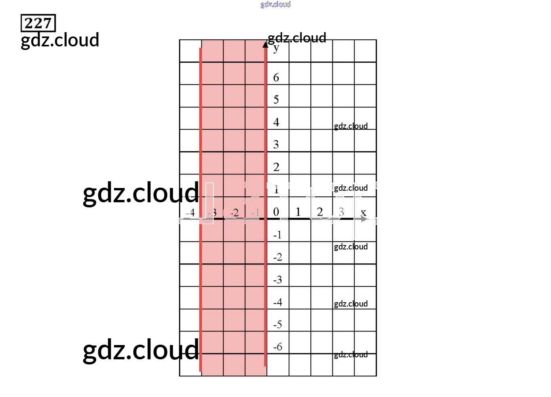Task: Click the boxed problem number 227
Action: pyautogui.click(x=38, y=23)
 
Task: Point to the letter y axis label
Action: pyautogui.click(x=276, y=49)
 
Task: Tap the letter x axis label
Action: pyautogui.click(x=363, y=213)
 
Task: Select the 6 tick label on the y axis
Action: pyautogui.click(x=276, y=77)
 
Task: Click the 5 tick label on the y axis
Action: pyautogui.click(x=276, y=100)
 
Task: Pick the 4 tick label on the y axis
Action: pyautogui.click(x=276, y=122)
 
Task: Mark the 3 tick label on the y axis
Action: pyautogui.click(x=276, y=144)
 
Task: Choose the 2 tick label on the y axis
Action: pyautogui.click(x=276, y=167)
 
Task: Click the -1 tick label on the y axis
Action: pyautogui.click(x=277, y=235)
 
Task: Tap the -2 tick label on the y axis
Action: pyautogui.click(x=277, y=257)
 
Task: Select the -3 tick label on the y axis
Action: pyautogui.click(x=277, y=280)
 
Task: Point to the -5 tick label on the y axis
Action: pyautogui.click(x=277, y=325)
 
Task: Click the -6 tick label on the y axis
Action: pyautogui.click(x=277, y=347)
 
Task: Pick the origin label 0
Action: pyautogui.click(x=276, y=212)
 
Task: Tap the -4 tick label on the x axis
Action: pyautogui.click(x=190, y=213)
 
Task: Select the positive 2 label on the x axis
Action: pyautogui.click(x=320, y=212)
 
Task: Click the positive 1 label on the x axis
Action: pyautogui.click(x=298, y=212)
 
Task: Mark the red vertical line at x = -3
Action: pyautogui.click(x=201, y=278)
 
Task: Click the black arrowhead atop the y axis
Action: pyautogui.click(x=266, y=44)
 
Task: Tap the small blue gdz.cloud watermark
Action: pyautogui.click(x=275, y=4)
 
